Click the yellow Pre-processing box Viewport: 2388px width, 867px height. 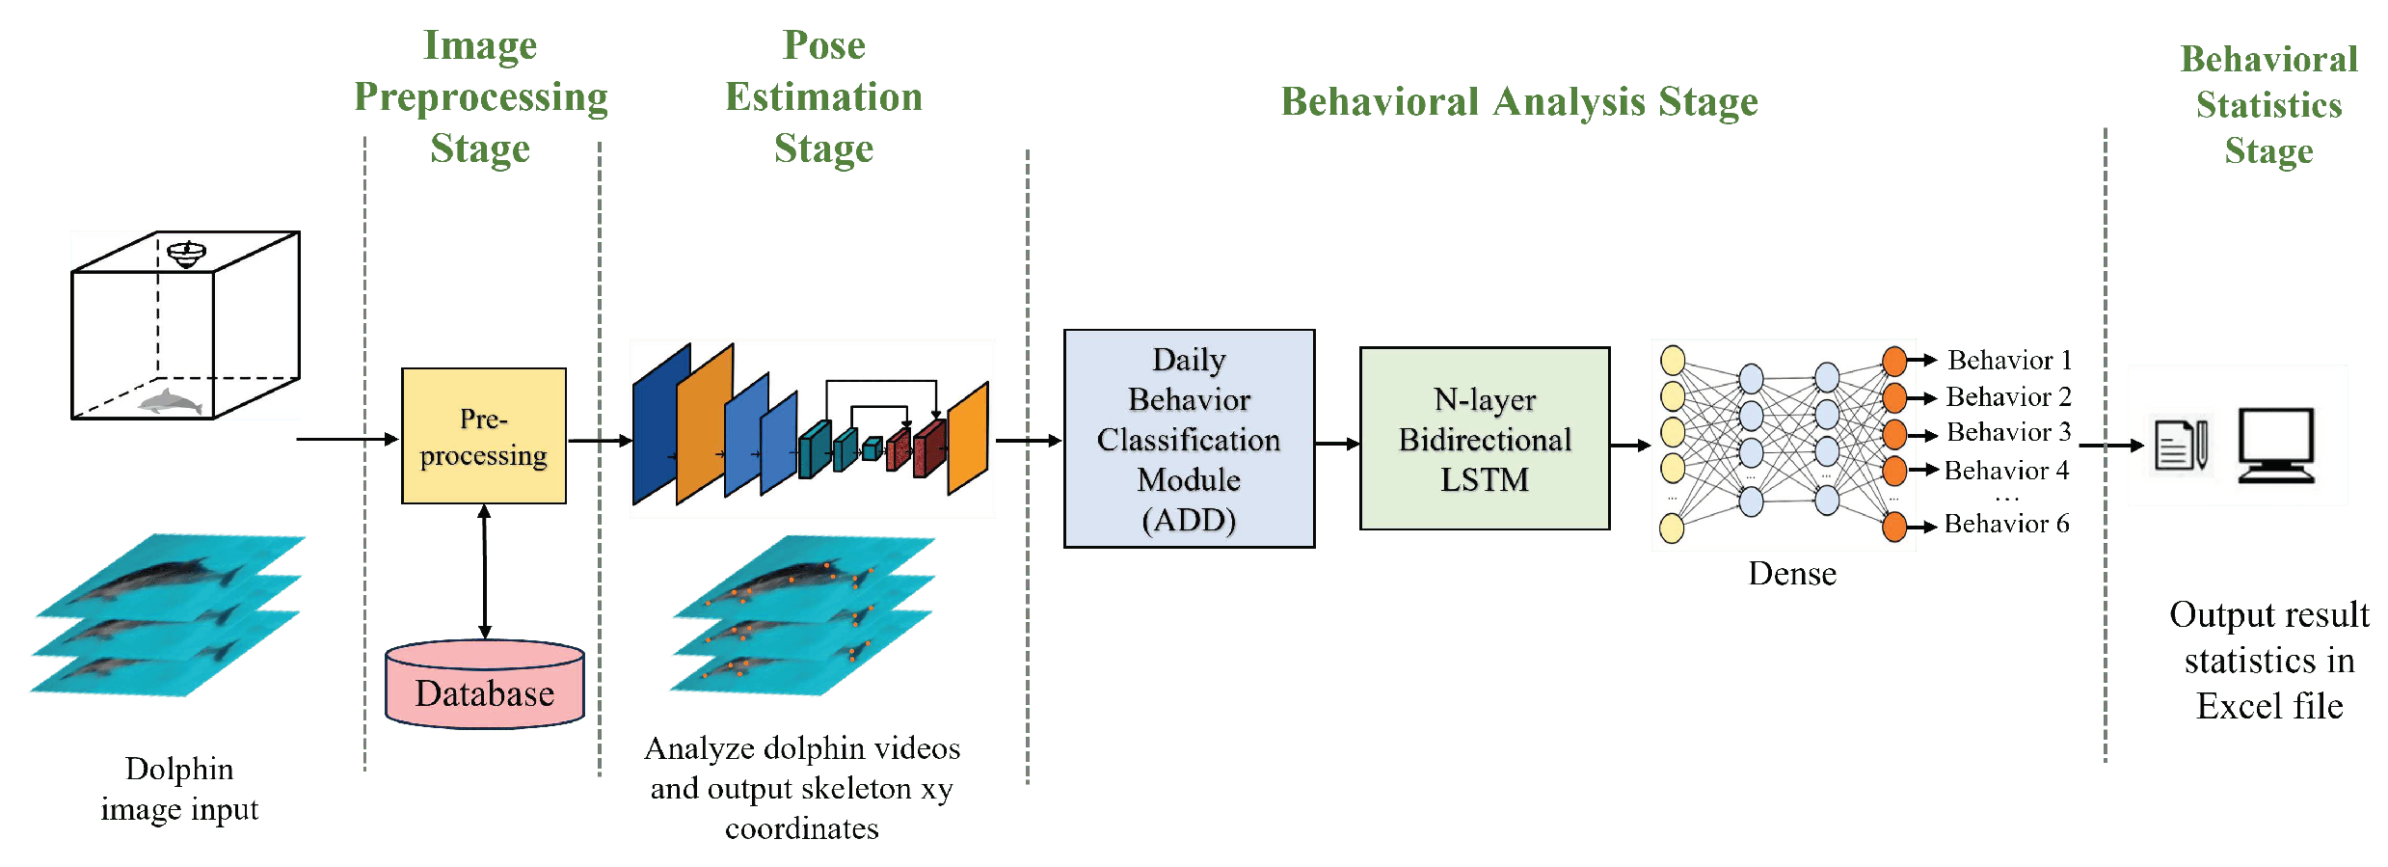pos(483,436)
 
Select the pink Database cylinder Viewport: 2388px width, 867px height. pos(485,686)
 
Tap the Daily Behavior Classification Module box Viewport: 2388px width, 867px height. pos(1189,439)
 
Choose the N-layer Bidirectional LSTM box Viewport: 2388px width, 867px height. pos(1484,439)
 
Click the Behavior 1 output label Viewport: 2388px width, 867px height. pos(2008,361)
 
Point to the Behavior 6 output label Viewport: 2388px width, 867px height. pos(2006,524)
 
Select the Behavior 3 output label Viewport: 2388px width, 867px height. pos(2008,432)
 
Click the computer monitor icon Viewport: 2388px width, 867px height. pos(2275,445)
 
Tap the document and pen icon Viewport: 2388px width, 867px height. pos(2181,446)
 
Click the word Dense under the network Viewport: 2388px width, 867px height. pos(1792,574)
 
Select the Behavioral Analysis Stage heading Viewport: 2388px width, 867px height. pos(1518,102)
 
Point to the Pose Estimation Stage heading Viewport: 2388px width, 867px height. pos(823,96)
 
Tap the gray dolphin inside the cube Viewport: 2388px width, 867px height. pos(170,401)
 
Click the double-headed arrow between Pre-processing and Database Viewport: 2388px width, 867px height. pos(484,571)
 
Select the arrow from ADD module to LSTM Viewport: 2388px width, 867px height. pos(1337,444)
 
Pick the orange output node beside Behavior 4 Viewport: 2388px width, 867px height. pos(1894,471)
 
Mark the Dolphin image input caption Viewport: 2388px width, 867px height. pos(179,789)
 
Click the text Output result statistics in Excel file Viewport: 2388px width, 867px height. pos(2268,661)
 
